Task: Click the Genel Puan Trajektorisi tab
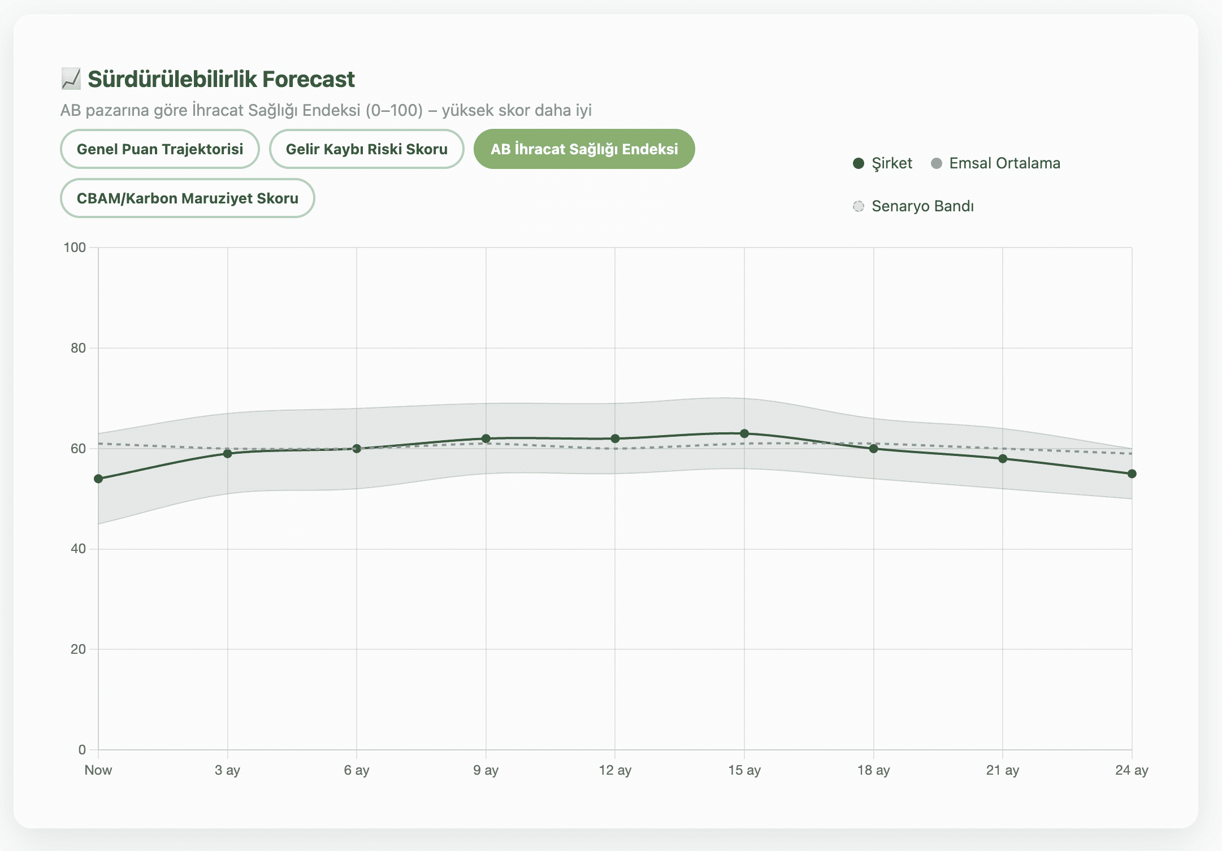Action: [159, 149]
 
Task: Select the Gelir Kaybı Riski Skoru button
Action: [366, 149]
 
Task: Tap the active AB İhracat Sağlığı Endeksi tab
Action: [584, 149]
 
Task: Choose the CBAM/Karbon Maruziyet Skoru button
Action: [187, 198]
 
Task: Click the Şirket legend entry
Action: [882, 163]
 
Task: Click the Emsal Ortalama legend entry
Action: [995, 163]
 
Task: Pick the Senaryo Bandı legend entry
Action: [913, 206]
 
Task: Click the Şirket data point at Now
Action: [98, 479]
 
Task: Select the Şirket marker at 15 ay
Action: [744, 433]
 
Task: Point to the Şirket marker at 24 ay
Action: [1132, 474]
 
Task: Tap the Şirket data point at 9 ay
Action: [486, 438]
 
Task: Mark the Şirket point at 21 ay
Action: [1003, 459]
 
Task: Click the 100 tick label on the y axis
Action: [75, 248]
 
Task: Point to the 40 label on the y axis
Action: [78, 549]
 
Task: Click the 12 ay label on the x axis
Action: [615, 770]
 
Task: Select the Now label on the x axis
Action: [98, 770]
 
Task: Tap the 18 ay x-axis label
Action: [873, 770]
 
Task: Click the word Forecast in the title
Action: [308, 79]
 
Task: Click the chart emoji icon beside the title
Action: [71, 79]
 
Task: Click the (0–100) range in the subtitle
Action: [394, 110]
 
